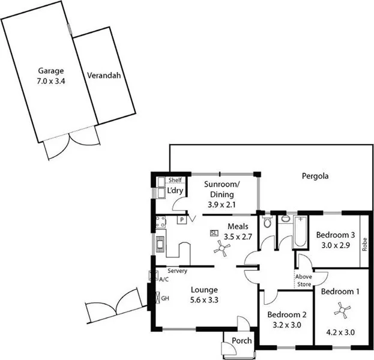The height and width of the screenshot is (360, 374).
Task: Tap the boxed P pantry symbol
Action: point(180,220)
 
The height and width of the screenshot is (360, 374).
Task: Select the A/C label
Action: point(163,279)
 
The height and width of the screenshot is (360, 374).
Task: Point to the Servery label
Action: point(178,271)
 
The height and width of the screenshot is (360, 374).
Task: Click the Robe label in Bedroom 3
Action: point(364,244)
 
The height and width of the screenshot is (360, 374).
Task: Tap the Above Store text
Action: point(303,280)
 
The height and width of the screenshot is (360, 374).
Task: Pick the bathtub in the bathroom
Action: point(300,231)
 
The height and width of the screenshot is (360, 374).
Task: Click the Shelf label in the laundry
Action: point(175,180)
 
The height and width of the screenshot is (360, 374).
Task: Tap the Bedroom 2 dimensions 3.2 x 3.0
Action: point(287,325)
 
